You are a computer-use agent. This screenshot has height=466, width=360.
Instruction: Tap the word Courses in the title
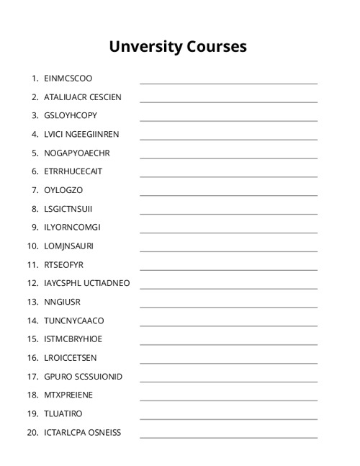click(x=219, y=46)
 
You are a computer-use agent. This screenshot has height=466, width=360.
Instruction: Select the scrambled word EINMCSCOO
click(x=68, y=78)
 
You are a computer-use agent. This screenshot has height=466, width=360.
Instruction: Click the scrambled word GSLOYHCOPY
click(x=70, y=115)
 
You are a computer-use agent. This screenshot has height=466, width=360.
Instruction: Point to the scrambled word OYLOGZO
click(x=63, y=190)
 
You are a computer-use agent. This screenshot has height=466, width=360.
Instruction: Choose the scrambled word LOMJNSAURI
click(x=68, y=246)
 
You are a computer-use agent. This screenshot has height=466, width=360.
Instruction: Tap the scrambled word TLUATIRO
click(x=63, y=413)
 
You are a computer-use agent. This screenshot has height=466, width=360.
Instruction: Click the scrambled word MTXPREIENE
click(x=68, y=395)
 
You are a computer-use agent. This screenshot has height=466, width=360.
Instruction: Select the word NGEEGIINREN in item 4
click(x=92, y=134)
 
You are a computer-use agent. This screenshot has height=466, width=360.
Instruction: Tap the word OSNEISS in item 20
click(x=104, y=432)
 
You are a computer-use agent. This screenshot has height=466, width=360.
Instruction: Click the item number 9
click(x=35, y=227)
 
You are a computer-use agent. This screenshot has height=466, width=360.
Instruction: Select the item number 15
click(x=32, y=339)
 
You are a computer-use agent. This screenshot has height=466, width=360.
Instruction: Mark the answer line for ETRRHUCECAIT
click(x=228, y=176)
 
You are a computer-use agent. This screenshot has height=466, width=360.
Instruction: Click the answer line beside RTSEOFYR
click(x=228, y=269)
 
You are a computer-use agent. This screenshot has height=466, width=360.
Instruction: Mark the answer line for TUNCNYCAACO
click(x=228, y=326)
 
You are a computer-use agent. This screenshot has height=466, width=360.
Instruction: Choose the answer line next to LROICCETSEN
click(x=228, y=363)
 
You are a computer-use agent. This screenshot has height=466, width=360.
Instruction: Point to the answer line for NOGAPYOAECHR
click(x=228, y=158)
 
